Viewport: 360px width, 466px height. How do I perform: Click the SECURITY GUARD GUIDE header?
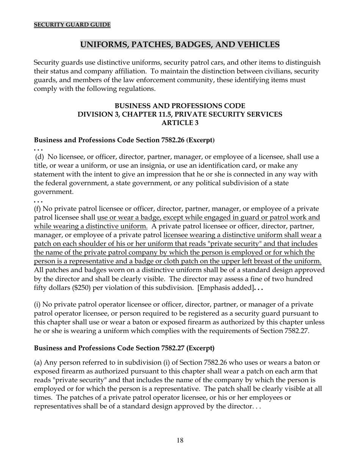coord(72,25)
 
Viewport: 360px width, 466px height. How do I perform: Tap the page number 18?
coord(180,440)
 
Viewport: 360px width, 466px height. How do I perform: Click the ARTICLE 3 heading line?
coord(180,123)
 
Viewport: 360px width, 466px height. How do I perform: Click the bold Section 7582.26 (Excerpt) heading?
coord(124,140)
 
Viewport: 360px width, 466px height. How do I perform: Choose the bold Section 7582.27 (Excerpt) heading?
coord(124,348)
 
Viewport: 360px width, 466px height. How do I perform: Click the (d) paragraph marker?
coord(40,157)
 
